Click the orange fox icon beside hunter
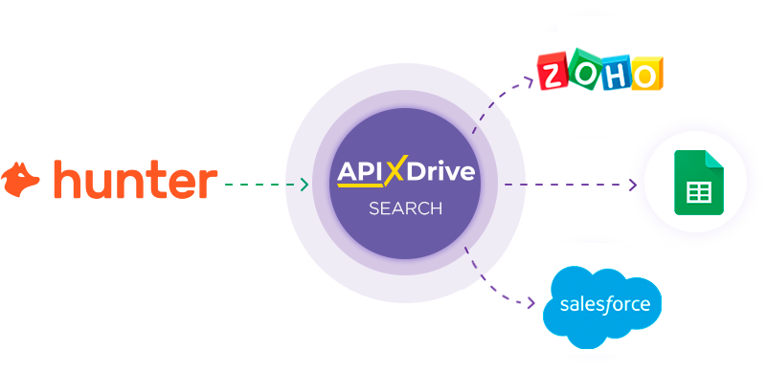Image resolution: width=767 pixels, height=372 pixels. tap(21, 180)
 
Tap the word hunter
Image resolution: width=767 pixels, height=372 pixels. tap(135, 180)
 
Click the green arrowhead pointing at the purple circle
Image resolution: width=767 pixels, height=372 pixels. tap(304, 184)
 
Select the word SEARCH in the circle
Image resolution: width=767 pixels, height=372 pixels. tap(406, 208)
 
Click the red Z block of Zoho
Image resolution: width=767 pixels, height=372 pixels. tap(553, 74)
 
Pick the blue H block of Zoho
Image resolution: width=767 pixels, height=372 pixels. tap(615, 74)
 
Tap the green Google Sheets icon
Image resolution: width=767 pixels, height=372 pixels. tap(696, 183)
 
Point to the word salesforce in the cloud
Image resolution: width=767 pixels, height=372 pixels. tap(603, 306)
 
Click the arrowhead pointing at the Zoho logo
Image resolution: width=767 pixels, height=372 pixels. tap(529, 82)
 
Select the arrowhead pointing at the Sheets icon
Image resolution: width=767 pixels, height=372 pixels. tap(633, 185)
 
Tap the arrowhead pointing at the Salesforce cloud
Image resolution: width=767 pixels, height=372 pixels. tap(532, 305)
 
